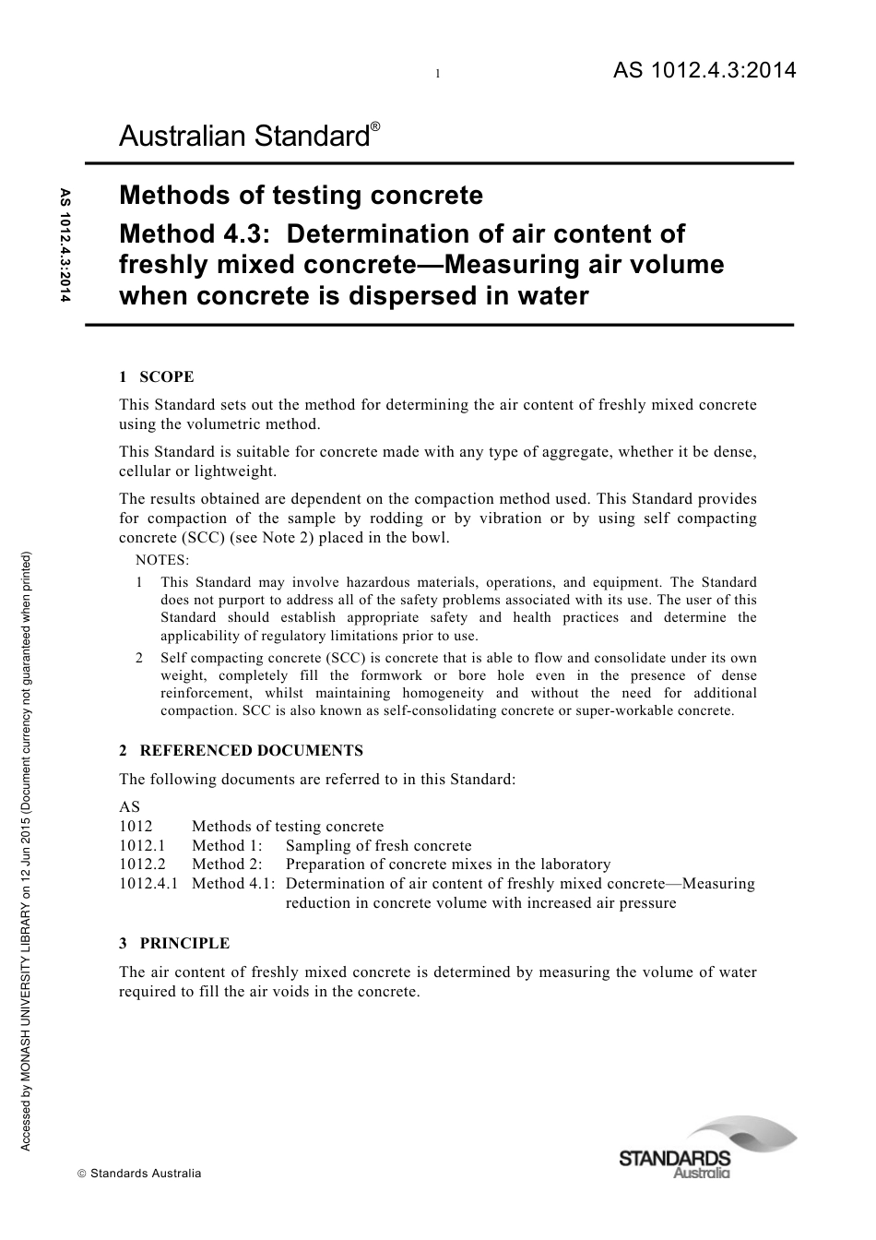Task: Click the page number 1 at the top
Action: click(x=438, y=74)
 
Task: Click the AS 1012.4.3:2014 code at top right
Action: click(x=704, y=70)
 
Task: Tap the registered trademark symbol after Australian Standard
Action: click(x=375, y=125)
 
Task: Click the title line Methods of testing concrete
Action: click(x=301, y=196)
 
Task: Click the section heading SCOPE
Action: click(x=166, y=376)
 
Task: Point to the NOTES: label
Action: click(x=162, y=560)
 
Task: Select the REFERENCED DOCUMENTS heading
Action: click(x=251, y=751)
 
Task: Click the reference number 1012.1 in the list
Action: click(x=142, y=846)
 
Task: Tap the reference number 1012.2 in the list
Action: click(x=142, y=864)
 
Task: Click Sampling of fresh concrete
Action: click(x=378, y=846)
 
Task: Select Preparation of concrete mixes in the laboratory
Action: click(x=448, y=864)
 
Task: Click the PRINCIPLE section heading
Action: click(x=184, y=943)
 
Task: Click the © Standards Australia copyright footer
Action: click(x=139, y=1174)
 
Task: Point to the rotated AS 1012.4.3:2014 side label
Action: click(x=65, y=245)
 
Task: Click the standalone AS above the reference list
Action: click(x=129, y=806)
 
